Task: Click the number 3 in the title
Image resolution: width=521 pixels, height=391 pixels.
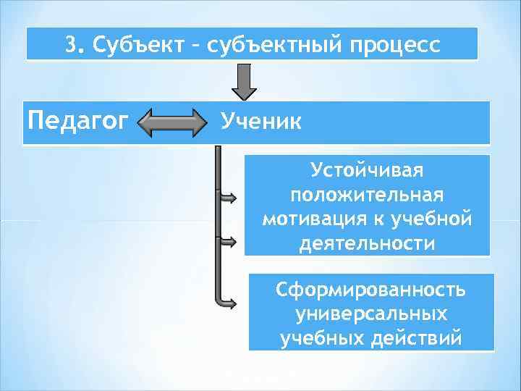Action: tap(69, 45)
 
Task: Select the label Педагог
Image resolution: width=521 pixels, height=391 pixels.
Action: tap(72, 119)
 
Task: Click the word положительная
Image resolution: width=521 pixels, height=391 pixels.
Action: tap(367, 195)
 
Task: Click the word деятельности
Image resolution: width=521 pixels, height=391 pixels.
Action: tap(367, 243)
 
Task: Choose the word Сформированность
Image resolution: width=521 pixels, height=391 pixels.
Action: tap(371, 290)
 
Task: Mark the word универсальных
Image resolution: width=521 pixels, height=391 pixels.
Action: tap(371, 314)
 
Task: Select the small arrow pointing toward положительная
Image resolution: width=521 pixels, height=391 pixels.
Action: tap(226, 196)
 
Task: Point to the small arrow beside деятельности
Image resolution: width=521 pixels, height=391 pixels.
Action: tap(226, 240)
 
